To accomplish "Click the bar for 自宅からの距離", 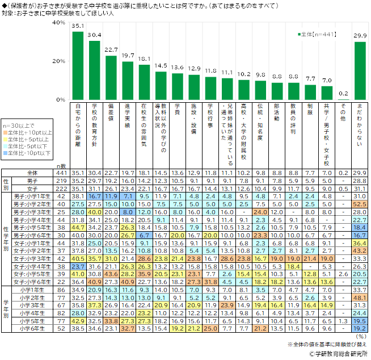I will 78,66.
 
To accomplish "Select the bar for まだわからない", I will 360,71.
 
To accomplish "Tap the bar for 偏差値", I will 111,78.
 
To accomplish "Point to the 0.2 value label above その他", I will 343,93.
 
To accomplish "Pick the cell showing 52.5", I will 360,203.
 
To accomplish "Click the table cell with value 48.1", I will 360,298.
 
